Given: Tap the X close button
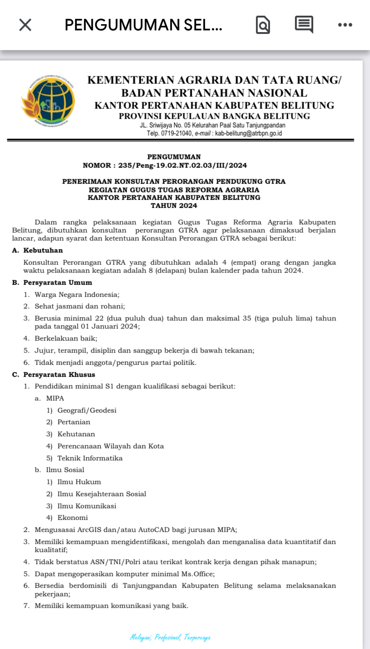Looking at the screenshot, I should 25,25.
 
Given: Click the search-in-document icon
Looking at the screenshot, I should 262,25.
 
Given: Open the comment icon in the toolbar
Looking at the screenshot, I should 304,25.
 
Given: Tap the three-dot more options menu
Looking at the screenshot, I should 345,25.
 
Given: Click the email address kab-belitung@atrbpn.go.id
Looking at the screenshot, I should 248,133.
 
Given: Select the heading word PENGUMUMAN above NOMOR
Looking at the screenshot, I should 174,157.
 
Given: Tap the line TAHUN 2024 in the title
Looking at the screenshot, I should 174,206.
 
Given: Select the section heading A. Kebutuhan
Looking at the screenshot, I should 38,250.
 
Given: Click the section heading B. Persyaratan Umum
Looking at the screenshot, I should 52,282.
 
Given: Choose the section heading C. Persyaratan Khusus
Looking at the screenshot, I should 54,375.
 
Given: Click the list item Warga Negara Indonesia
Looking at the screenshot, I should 77,295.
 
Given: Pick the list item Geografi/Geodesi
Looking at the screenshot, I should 87,410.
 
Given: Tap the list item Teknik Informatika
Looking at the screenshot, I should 90,458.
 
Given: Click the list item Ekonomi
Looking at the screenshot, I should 72,518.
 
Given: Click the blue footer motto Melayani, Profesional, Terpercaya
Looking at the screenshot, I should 170,637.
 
